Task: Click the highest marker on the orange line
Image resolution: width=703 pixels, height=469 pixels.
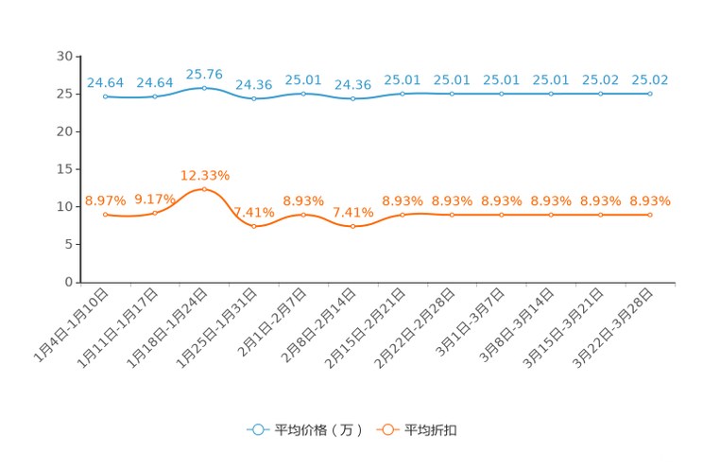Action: (204, 189)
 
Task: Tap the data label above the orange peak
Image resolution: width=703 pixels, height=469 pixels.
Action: (204, 175)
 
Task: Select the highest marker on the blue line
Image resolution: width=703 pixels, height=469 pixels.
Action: (204, 88)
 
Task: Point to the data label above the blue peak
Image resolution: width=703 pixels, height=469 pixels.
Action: (204, 74)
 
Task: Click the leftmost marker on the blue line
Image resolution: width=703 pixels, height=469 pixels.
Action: (105, 96)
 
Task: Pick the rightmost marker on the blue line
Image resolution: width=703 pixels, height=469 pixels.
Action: (650, 94)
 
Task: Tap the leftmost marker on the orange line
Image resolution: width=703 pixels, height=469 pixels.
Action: (105, 214)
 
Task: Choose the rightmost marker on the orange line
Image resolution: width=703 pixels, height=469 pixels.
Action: (650, 215)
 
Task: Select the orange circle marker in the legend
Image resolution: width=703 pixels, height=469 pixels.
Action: (386, 429)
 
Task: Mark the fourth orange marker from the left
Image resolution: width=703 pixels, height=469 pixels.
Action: (253, 226)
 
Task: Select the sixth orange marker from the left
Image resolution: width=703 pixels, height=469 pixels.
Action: (352, 226)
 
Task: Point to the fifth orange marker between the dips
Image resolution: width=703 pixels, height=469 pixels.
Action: (303, 214)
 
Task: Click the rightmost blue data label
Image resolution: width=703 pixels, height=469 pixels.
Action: (650, 79)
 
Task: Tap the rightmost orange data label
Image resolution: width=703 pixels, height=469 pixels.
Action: (650, 200)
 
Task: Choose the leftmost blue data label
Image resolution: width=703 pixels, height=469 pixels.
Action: (104, 82)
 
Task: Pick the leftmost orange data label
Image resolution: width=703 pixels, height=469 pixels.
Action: (104, 200)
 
